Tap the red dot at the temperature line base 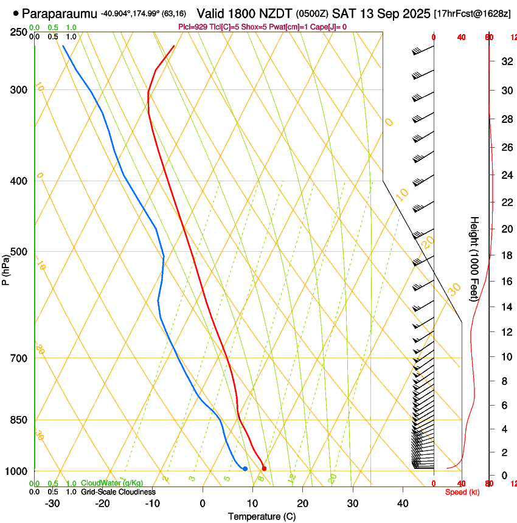click(x=264, y=468)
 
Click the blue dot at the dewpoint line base click(x=245, y=468)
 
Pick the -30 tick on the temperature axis click(x=52, y=503)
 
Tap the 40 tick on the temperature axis click(x=402, y=503)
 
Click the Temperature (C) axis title click(x=262, y=516)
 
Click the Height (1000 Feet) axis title click(x=474, y=258)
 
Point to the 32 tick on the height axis click(x=505, y=61)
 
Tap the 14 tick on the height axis click(x=505, y=307)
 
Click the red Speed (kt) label click(x=462, y=492)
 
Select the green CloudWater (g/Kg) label click(x=112, y=483)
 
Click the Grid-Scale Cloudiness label click(x=118, y=491)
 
